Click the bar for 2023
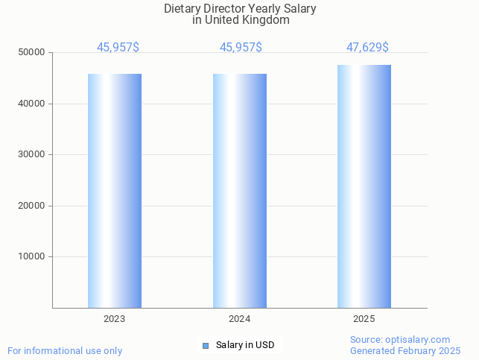pyautogui.click(x=115, y=191)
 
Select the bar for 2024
pyautogui.click(x=239, y=191)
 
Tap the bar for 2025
pyautogui.click(x=364, y=186)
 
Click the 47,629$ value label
pyautogui.click(x=367, y=48)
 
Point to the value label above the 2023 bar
pyautogui.click(x=118, y=48)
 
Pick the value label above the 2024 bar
pyautogui.click(x=241, y=48)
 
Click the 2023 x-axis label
pyautogui.click(x=115, y=319)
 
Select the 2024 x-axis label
pyautogui.click(x=239, y=319)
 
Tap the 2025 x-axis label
pyautogui.click(x=364, y=319)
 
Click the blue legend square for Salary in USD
pyautogui.click(x=206, y=346)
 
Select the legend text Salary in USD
pyautogui.click(x=245, y=345)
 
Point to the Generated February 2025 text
pyautogui.click(x=405, y=351)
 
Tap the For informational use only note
pyautogui.click(x=65, y=351)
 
